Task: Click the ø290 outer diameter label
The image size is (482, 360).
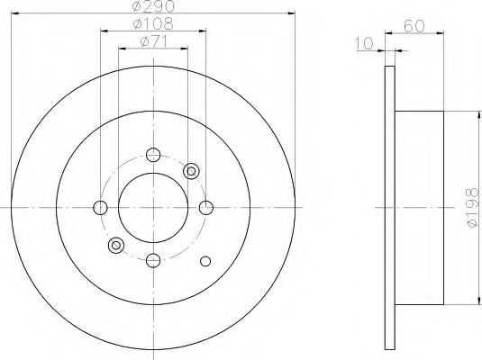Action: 153,6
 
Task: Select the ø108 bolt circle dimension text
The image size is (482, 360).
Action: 153,23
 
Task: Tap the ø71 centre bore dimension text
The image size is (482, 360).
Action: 153,41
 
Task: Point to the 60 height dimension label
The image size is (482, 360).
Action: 414,26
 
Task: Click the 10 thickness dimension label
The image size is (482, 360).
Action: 364,43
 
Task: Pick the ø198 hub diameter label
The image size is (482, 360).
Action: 472,208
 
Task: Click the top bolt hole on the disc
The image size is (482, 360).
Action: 153,155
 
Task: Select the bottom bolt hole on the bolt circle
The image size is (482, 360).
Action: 153,260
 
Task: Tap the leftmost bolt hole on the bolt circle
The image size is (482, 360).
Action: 100,208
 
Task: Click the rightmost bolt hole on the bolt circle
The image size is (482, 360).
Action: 206,208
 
